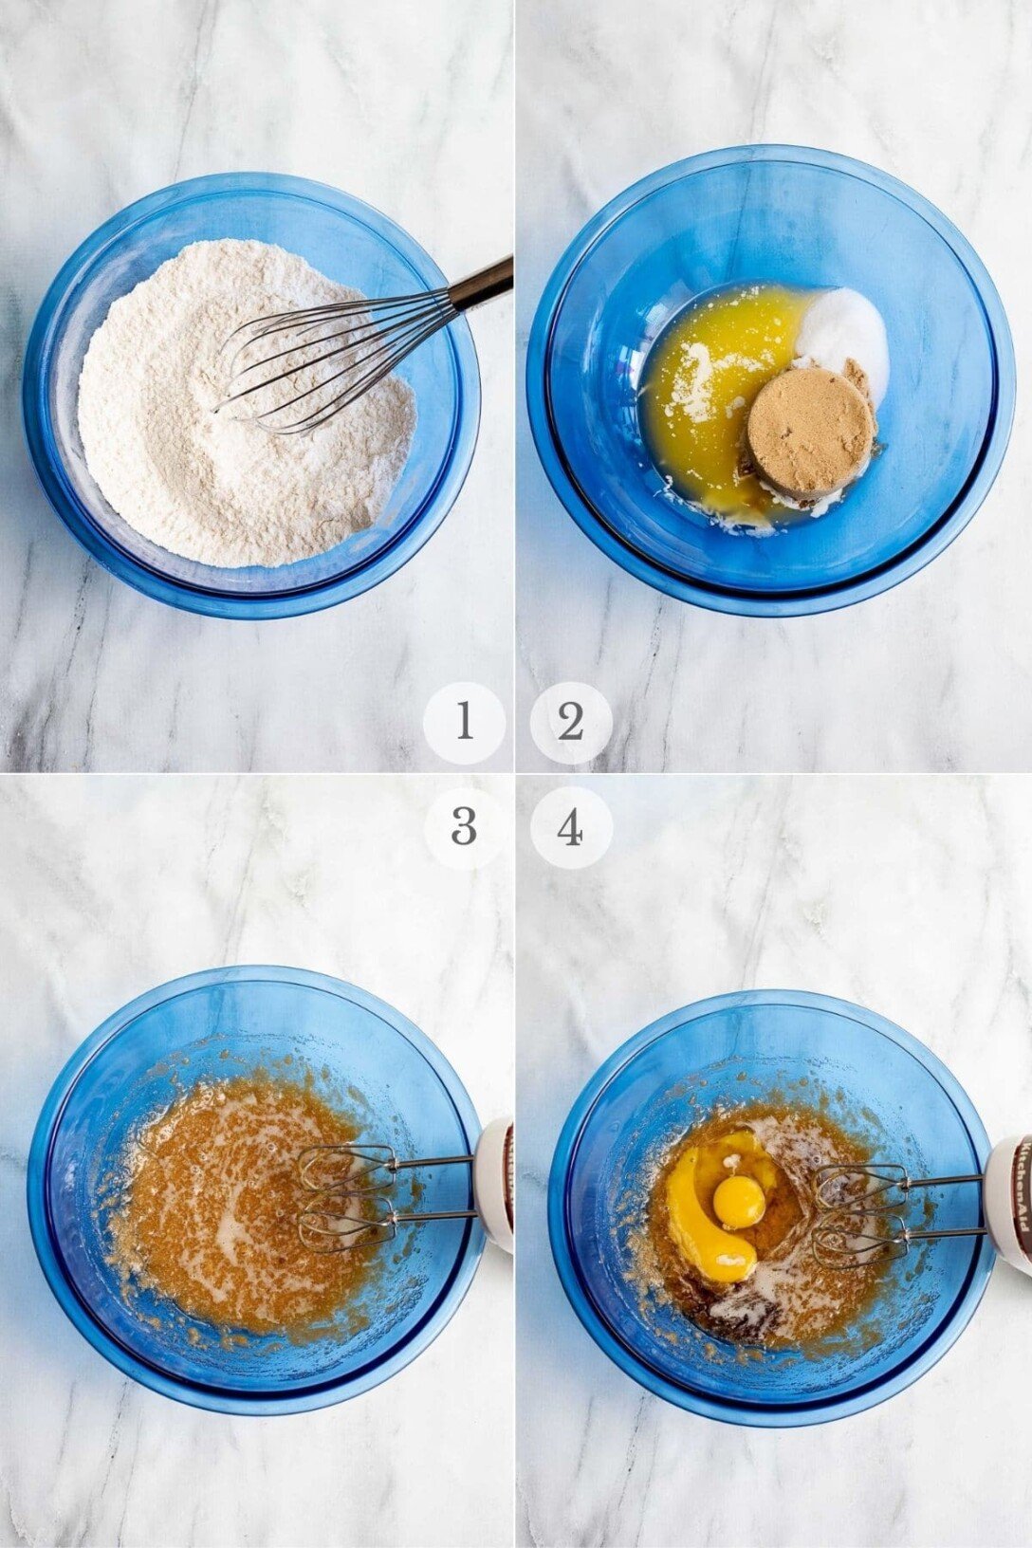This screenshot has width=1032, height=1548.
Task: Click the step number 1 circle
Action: pos(464,723)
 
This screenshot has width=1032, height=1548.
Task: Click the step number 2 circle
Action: pos(570,723)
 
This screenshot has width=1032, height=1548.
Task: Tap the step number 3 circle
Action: pos(464,828)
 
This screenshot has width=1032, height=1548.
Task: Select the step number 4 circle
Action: pos(570,828)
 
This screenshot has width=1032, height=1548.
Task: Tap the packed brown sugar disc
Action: pos(809,427)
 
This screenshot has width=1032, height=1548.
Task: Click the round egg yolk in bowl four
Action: pos(739,1203)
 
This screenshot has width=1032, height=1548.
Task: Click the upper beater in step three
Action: pos(349,1167)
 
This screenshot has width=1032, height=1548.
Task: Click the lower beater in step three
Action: pos(347,1224)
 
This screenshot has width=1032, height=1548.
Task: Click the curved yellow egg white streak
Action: pos(697,1224)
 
